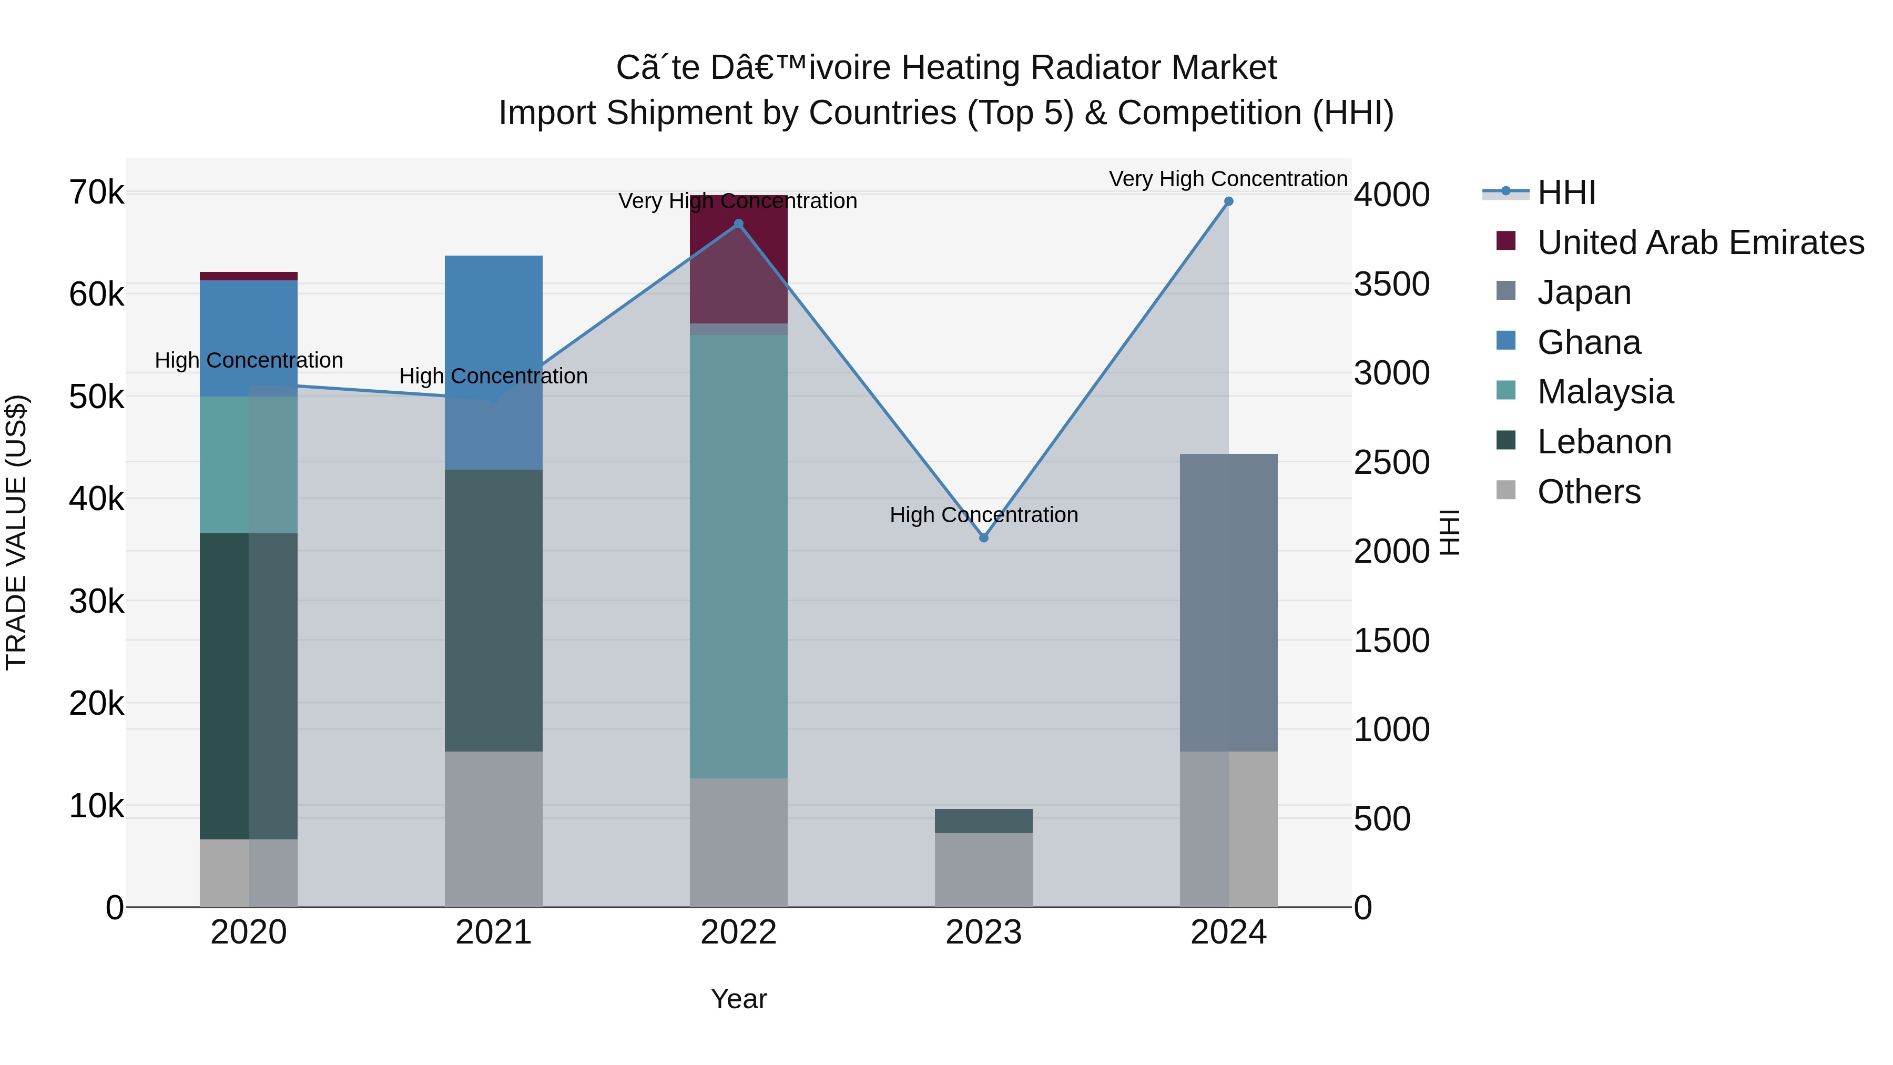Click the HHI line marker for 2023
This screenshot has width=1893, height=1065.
tap(984, 538)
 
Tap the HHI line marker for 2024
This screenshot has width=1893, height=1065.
tap(1229, 201)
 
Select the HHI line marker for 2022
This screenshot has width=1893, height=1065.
tap(739, 224)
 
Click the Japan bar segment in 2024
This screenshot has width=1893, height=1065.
tap(1229, 603)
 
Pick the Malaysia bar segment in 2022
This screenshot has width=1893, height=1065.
tap(739, 556)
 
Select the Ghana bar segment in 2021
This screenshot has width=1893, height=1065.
tap(494, 362)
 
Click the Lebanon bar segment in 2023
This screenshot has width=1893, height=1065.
tap(984, 821)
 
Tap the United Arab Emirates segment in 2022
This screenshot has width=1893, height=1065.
tap(739, 259)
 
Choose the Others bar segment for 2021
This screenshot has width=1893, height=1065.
tap(494, 829)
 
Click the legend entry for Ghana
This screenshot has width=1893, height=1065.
tap(1588, 342)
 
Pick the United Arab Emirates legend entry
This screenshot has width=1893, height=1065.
tap(1699, 242)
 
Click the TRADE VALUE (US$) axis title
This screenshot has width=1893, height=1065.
tap(16, 532)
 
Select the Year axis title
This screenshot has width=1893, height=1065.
tap(739, 999)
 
